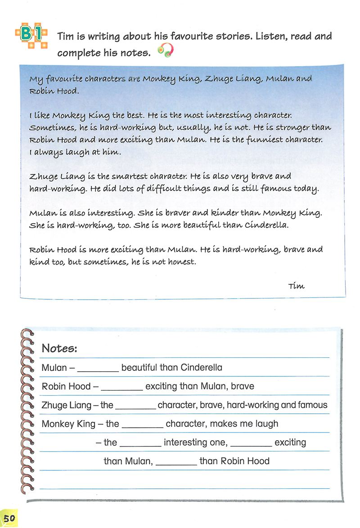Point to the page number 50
[9, 519]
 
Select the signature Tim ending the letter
[296, 286]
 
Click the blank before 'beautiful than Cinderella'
[98, 368]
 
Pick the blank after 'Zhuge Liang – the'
[135, 406]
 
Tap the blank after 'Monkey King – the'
[142, 424]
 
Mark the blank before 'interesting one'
[140, 443]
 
